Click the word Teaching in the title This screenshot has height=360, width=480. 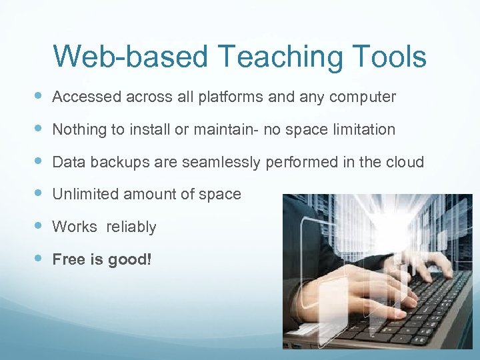click(272, 57)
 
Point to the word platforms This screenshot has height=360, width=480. click(230, 98)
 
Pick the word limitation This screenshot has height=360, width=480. click(363, 129)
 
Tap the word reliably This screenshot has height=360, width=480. click(131, 227)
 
